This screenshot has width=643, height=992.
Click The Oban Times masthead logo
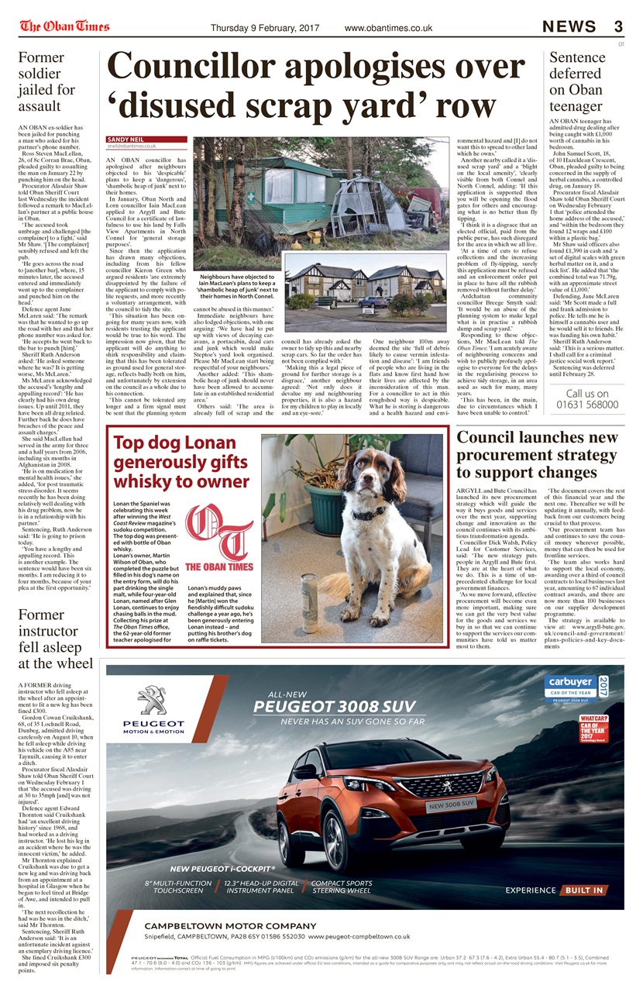pyautogui.click(x=64, y=26)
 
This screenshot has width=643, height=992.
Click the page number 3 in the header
pyautogui.click(x=617, y=27)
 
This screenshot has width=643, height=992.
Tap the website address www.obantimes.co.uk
pyautogui.click(x=388, y=28)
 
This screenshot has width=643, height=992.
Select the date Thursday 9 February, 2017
pyautogui.click(x=265, y=28)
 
